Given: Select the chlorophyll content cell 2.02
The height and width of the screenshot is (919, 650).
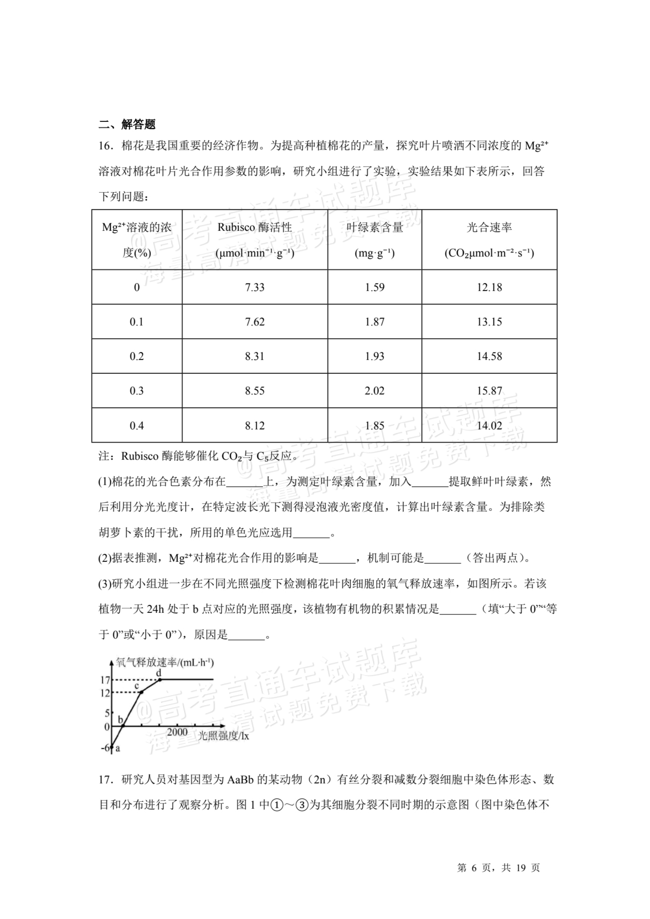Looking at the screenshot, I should point(374,391).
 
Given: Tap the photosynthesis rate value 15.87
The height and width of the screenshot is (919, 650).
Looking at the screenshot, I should point(489,391).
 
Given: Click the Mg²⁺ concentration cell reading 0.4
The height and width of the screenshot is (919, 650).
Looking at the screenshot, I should point(137,425).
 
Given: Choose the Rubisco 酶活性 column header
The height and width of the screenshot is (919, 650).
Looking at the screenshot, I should point(255,239).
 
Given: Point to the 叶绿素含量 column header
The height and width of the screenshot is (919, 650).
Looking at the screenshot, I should point(374,239).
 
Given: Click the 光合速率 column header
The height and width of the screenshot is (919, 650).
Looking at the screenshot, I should point(489,239).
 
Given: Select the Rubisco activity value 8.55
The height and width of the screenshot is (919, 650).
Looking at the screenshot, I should point(255,391).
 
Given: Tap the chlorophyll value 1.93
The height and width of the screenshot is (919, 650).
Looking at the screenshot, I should point(374,356).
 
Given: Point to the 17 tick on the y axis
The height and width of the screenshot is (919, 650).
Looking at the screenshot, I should point(105,680).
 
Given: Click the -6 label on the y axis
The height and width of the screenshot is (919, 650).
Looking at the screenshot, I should point(106,748).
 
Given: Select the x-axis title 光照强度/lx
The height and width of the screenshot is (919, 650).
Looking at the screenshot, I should point(223,736).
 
